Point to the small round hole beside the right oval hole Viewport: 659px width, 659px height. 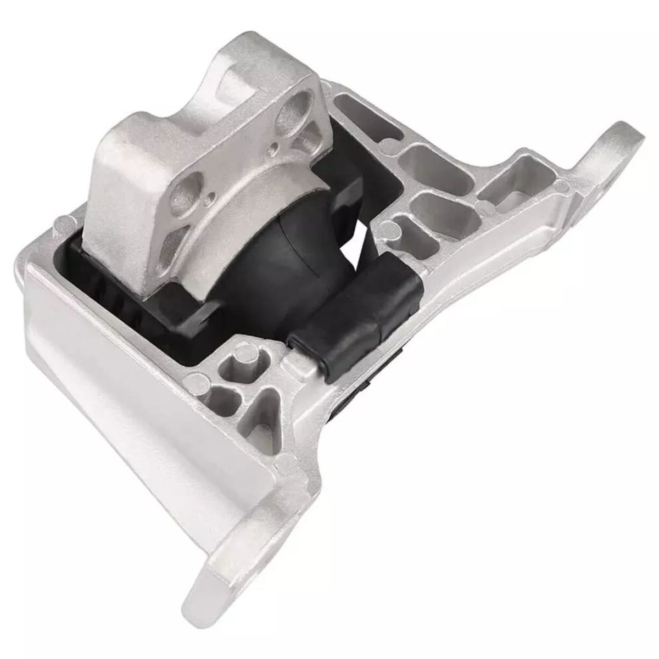pyautogui.click(x=273, y=148)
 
